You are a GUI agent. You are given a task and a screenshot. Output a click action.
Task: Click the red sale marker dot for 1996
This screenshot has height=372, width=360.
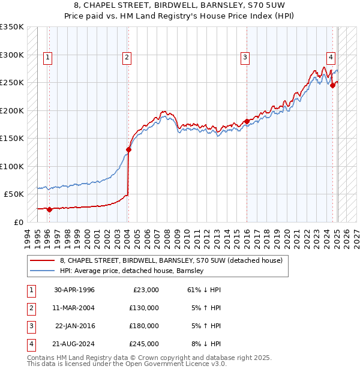pyautogui.click(x=49, y=209)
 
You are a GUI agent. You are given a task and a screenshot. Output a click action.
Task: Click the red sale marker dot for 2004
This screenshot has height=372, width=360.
pyautogui.click(x=128, y=149)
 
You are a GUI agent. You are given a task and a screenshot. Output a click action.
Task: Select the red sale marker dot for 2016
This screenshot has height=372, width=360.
pyautogui.click(x=247, y=122)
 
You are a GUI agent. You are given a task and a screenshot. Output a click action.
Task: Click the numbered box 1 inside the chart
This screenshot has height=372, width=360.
pyautogui.click(x=47, y=58)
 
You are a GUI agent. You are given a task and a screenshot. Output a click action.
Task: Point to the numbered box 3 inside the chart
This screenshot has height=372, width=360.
pyautogui.click(x=245, y=58)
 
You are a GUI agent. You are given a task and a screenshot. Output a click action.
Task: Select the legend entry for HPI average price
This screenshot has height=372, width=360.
pyautogui.click(x=132, y=271)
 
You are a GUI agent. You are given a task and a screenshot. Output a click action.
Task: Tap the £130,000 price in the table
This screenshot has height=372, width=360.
pyautogui.click(x=144, y=308)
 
